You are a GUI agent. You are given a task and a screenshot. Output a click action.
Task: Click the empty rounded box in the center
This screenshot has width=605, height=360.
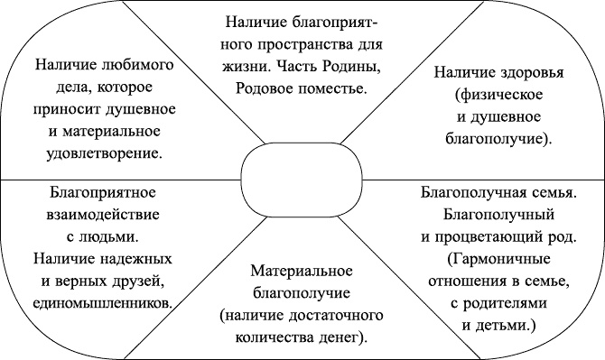302,178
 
